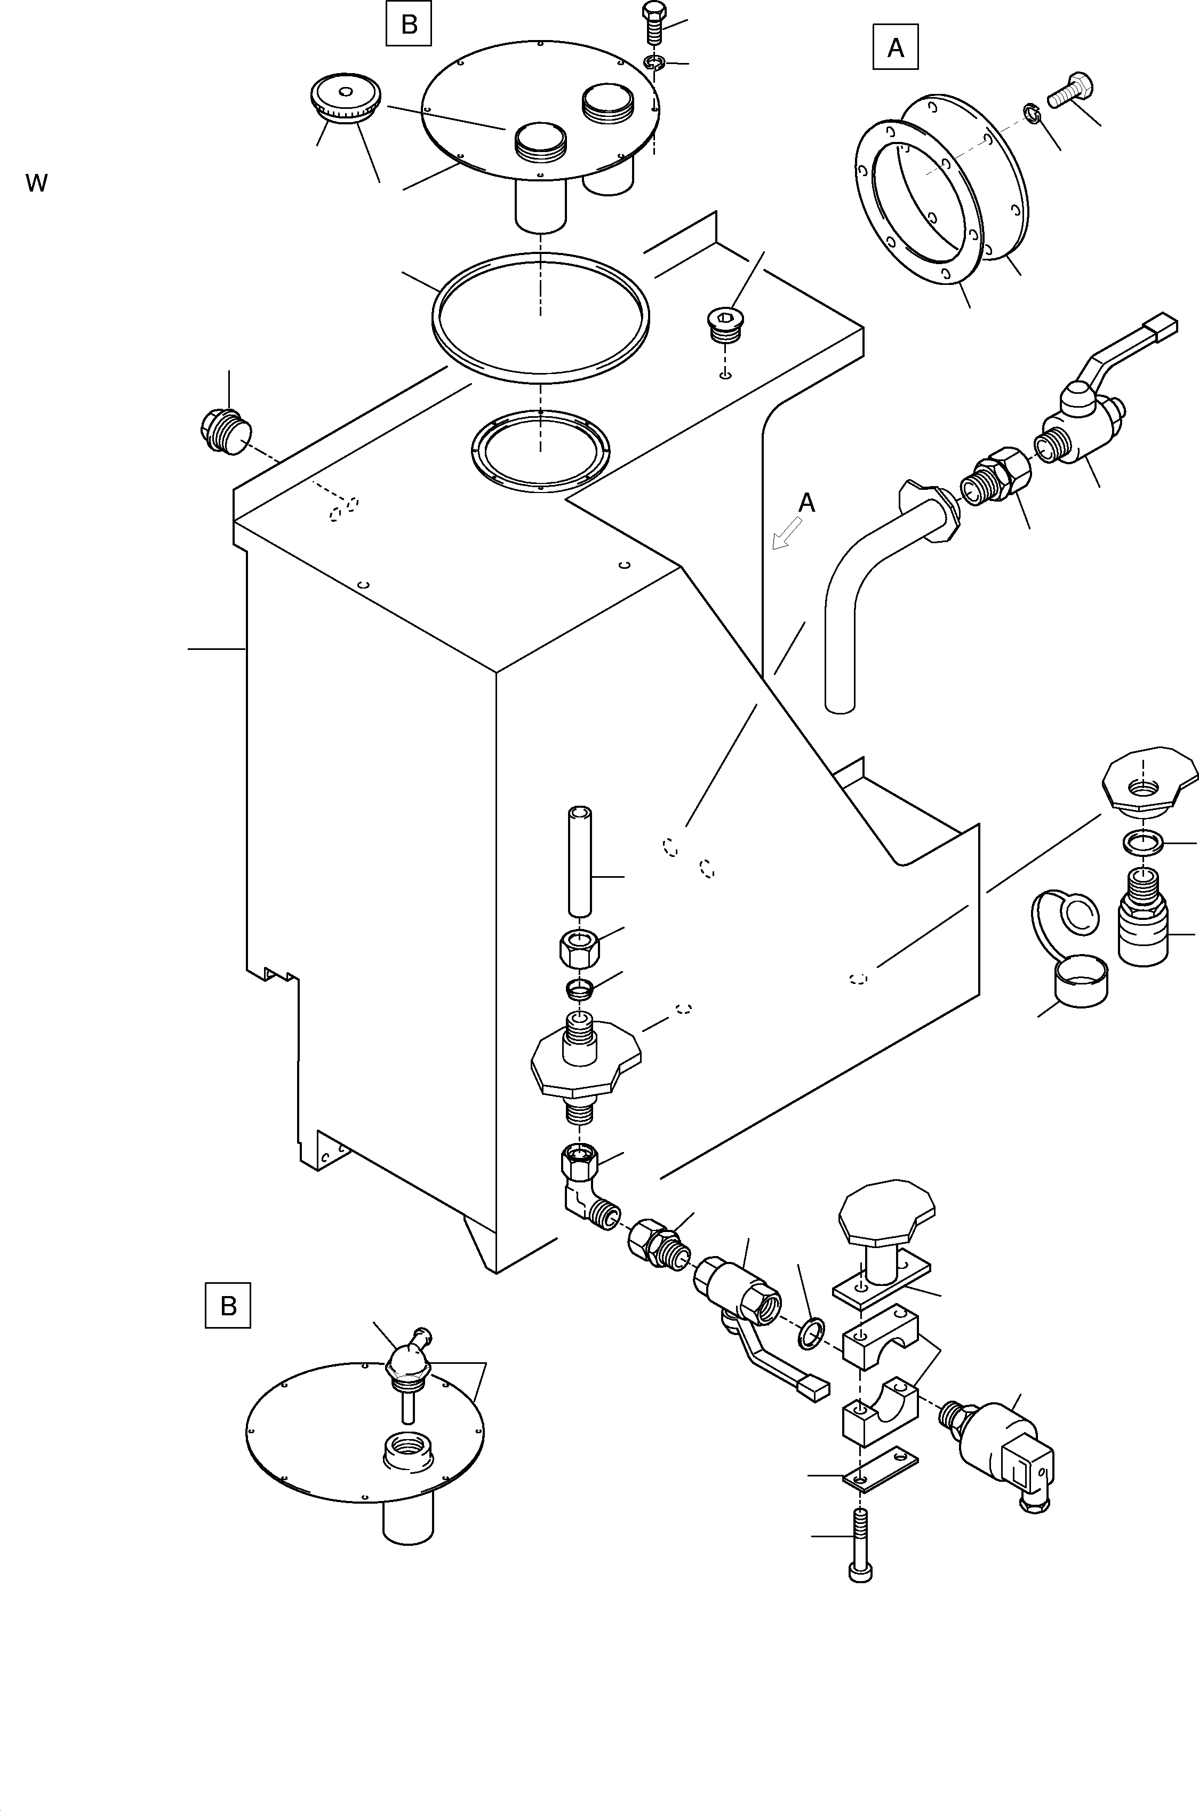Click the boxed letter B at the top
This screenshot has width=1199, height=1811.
pyautogui.click(x=409, y=25)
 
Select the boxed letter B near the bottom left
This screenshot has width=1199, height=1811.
pyautogui.click(x=228, y=1306)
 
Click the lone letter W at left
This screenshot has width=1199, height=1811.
pyautogui.click(x=36, y=184)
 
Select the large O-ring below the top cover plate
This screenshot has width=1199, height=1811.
pyautogui.click(x=541, y=317)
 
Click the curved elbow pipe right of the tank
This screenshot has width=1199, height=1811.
pyautogui.click(x=864, y=581)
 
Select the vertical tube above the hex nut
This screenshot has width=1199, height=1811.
pyautogui.click(x=580, y=860)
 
